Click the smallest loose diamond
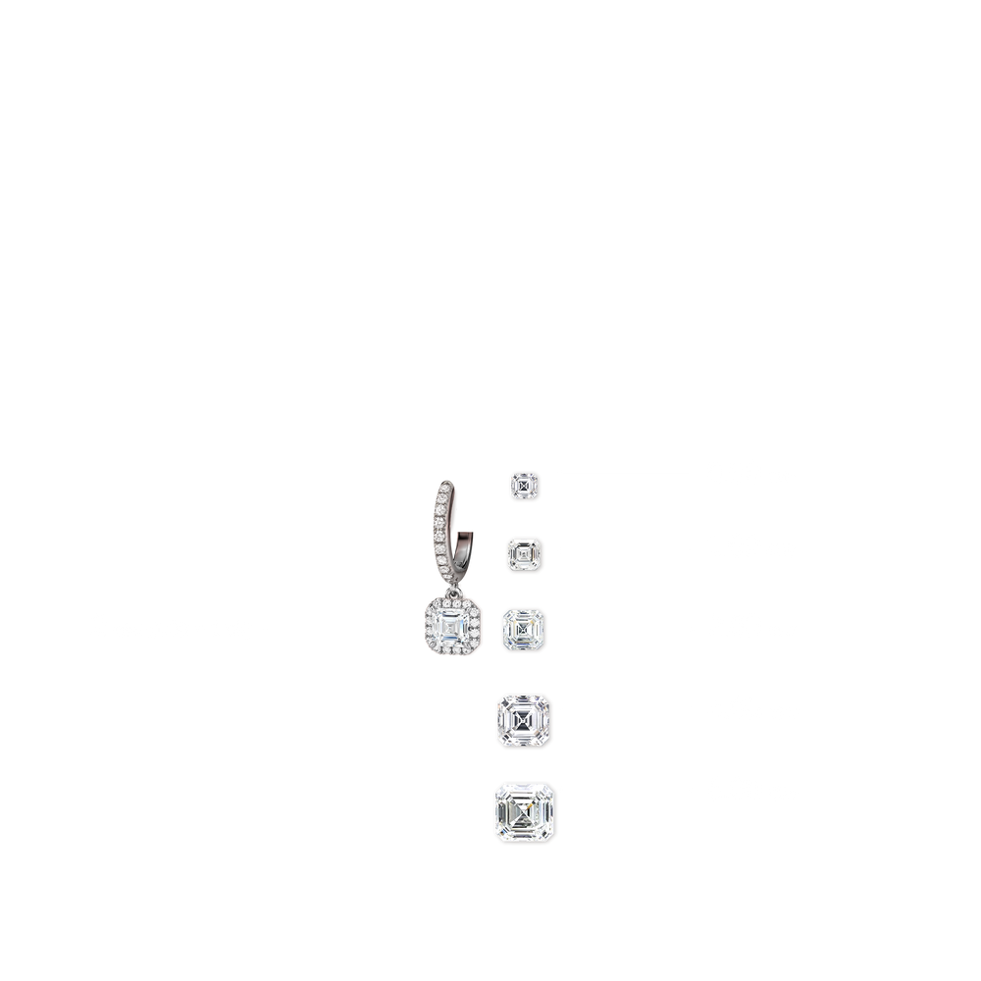click(x=525, y=485)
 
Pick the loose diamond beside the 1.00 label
click(x=525, y=555)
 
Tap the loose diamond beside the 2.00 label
click(x=525, y=628)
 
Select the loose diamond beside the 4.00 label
click(x=525, y=721)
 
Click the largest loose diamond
click(x=525, y=811)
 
